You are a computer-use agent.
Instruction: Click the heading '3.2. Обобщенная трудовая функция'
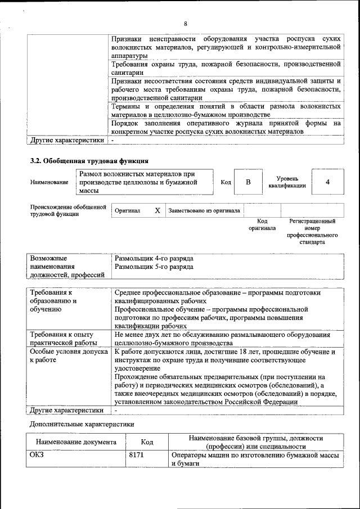pyautogui.click(x=89, y=161)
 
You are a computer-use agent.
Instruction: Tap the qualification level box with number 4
pyautogui.click(x=327, y=182)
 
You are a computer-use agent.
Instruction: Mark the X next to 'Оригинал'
pyautogui.click(x=157, y=210)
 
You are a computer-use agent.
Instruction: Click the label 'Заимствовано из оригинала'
pyautogui.click(x=204, y=210)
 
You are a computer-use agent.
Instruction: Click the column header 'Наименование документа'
pyautogui.click(x=76, y=443)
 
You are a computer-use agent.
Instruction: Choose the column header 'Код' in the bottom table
pyautogui.click(x=147, y=443)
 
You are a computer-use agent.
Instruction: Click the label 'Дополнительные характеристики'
pyautogui.click(x=82, y=423)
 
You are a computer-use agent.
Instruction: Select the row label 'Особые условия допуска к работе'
pyautogui.click(x=68, y=356)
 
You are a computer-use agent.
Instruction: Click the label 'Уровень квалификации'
pyautogui.click(x=287, y=182)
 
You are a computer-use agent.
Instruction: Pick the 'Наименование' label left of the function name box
pyautogui.click(x=49, y=182)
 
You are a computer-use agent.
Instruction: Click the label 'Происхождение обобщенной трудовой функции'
pyautogui.click(x=68, y=210)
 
